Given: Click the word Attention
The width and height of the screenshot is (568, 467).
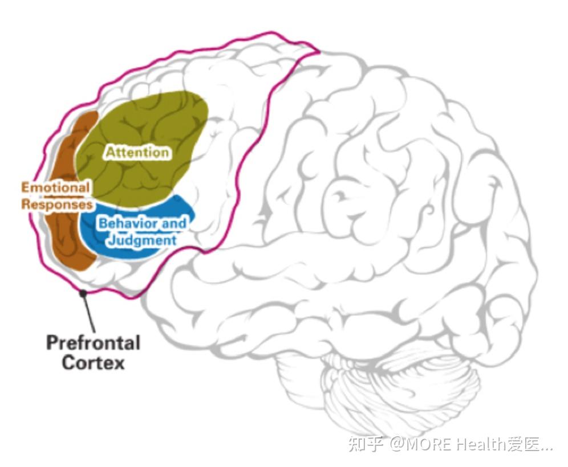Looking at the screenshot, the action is [137, 152].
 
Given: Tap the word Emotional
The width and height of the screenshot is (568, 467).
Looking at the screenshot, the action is [55, 187].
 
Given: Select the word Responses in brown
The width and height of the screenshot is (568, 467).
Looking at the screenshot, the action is [57, 204].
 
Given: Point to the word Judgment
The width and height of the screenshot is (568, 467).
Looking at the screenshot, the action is [143, 240].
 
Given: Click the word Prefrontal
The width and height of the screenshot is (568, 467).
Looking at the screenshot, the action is [93, 343].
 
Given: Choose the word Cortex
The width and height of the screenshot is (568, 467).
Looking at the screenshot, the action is [93, 362].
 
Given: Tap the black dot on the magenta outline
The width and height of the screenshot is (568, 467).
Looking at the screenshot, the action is [83, 292].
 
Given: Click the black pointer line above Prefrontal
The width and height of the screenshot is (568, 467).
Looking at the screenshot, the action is [89, 312].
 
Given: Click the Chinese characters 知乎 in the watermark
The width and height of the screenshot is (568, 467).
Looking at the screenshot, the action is [366, 444].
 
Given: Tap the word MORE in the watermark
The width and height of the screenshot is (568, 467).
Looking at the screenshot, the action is [428, 444].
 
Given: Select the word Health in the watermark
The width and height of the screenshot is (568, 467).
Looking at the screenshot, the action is [481, 444].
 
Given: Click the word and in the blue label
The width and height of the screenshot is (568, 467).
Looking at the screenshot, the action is [174, 223].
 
